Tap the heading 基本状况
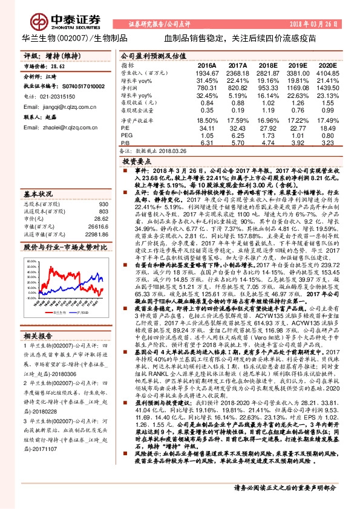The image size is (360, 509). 38,193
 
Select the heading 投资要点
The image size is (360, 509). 137,162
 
